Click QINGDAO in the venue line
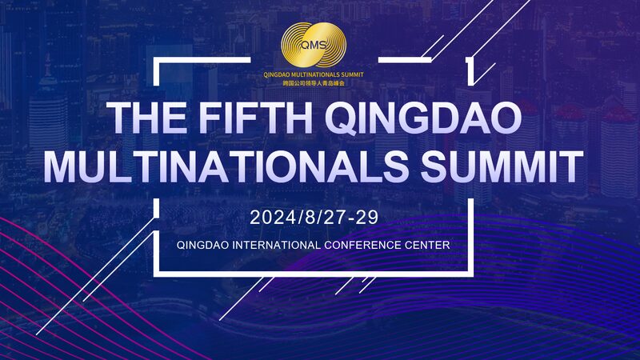pyautogui.click(x=201, y=243)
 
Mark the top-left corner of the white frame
pyautogui.click(x=155, y=60)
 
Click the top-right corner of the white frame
pyautogui.click(x=472, y=60)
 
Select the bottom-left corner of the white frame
pyautogui.click(x=155, y=273)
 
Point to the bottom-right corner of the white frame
pyautogui.click(x=472, y=273)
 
